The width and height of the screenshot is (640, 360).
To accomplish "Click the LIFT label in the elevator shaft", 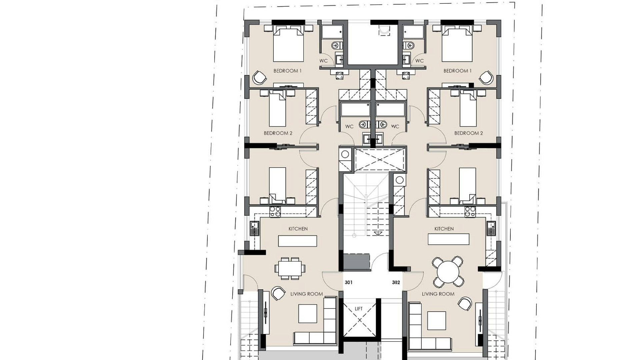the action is click(x=358, y=309).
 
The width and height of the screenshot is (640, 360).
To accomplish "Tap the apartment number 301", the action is click(x=349, y=282).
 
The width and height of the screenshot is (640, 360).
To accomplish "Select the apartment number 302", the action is click(x=396, y=282).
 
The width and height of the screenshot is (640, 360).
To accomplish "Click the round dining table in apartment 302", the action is click(x=448, y=272).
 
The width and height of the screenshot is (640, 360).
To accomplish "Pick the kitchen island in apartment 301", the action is click(x=297, y=241).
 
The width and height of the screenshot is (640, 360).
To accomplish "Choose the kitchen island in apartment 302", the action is click(x=448, y=239).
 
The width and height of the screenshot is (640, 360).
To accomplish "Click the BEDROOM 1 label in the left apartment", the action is click(x=287, y=71).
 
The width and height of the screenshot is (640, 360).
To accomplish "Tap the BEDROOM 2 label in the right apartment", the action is click(x=468, y=133).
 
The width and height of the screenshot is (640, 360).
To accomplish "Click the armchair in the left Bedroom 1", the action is click(x=259, y=78).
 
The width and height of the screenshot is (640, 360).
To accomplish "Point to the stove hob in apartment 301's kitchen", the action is click(x=275, y=212).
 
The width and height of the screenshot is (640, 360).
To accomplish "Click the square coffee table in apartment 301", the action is click(x=307, y=314).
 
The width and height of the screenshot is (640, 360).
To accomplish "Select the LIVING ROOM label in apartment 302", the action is click(x=438, y=294).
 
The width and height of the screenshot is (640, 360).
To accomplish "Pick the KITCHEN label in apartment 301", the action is click(x=298, y=229).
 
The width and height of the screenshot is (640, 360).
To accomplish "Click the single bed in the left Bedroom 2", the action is click(x=277, y=110).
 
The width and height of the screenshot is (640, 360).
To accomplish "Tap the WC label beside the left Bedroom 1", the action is click(x=323, y=61).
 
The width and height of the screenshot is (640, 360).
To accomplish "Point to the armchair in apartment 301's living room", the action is click(x=278, y=293).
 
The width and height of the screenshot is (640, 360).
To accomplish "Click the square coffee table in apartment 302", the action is click(x=437, y=320).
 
